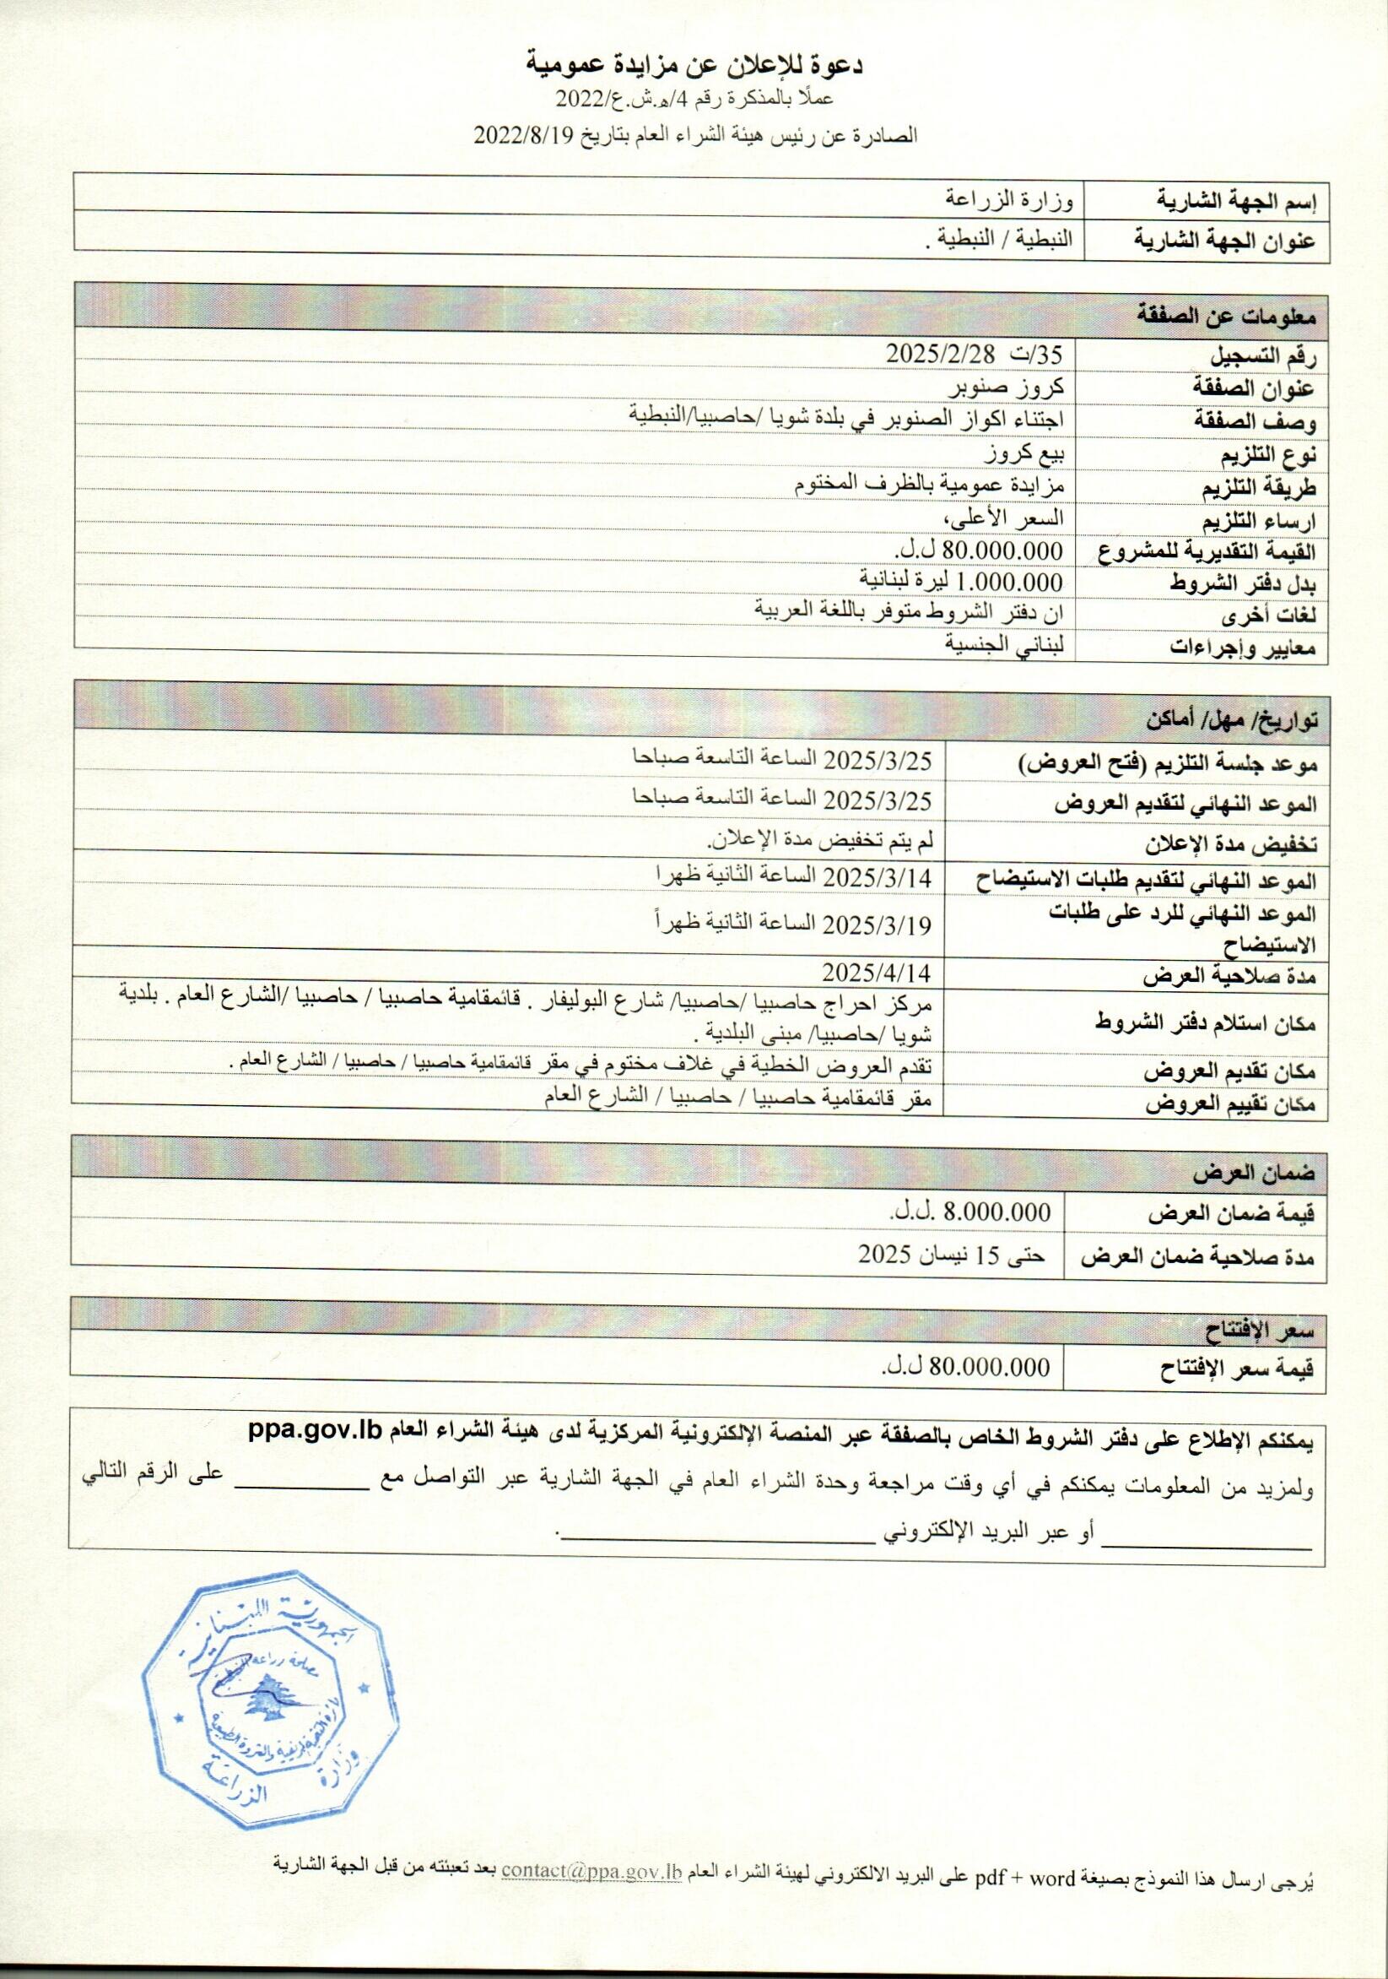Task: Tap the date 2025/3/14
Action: [x=880, y=877]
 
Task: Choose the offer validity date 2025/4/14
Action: [x=880, y=973]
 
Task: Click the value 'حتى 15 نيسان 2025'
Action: [x=950, y=1255]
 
